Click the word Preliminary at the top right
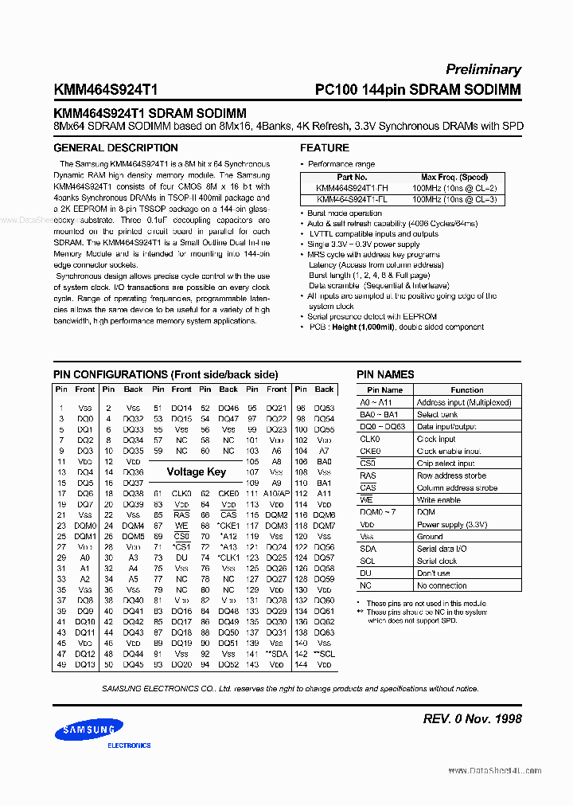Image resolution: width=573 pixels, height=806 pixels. pos(483,69)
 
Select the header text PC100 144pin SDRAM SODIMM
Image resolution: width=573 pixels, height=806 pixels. pos(418,90)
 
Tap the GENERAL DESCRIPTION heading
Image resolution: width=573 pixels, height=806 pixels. pos(115,148)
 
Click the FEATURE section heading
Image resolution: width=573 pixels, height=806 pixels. pos(324,148)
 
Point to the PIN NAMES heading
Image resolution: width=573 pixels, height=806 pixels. pos(385,374)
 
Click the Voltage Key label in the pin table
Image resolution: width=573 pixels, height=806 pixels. pos(196,471)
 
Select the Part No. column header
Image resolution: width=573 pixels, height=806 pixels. pos(351,178)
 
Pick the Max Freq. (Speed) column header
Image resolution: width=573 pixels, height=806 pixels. pos(454,178)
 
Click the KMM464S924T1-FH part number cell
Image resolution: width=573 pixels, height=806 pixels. pos(351,188)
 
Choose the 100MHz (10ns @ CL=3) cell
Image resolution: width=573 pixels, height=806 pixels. pos(454,199)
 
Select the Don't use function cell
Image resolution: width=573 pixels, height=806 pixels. pos(434,573)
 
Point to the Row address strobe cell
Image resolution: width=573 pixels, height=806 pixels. pos(451,475)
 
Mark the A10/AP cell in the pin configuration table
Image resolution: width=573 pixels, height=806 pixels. pos(276,494)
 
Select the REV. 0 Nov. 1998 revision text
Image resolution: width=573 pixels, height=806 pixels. pos(473,718)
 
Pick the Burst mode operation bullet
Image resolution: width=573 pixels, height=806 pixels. pos(344,213)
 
